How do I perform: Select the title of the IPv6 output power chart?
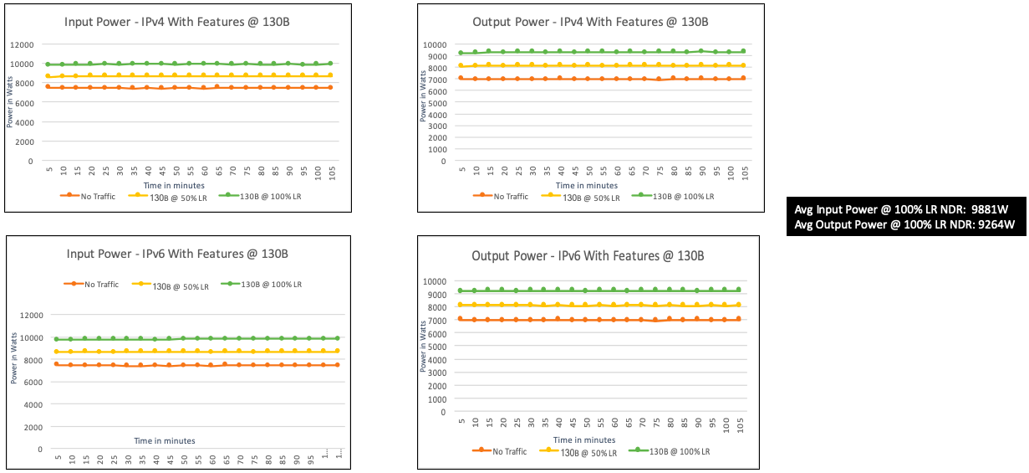coord(588,255)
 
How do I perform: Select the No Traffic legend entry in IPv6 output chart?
coord(505,452)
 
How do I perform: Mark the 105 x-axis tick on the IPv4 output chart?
coord(744,174)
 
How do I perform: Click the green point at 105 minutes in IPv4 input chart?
coord(330,63)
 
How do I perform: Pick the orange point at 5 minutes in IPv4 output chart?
coord(461,78)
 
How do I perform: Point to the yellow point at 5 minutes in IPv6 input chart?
coord(57,352)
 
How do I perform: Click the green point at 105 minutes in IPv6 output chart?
coord(738,290)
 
